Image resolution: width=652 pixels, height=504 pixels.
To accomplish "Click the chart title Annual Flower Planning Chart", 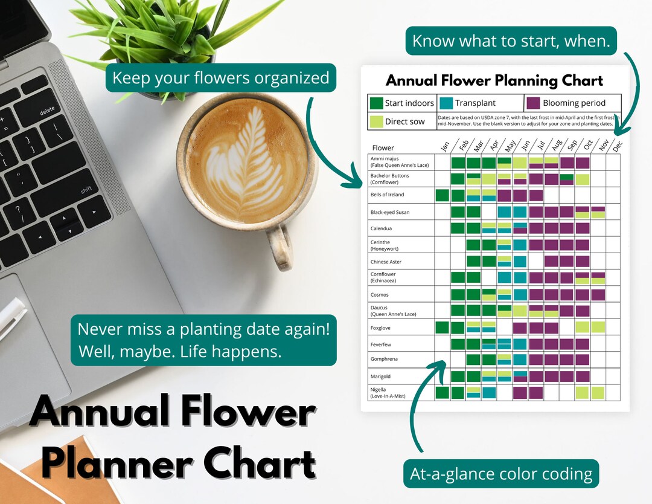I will coord(494,80).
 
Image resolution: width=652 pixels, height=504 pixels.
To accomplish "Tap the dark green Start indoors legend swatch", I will coord(376,103).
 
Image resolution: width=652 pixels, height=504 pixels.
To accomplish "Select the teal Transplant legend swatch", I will coord(446,103).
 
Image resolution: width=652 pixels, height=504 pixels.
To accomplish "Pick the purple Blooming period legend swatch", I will coord(533,103).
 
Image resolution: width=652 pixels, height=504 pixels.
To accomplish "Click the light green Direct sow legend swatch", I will coord(376,121).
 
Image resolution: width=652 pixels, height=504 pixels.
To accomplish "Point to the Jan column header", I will coord(444,147).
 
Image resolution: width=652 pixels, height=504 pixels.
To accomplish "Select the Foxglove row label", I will coord(380,328).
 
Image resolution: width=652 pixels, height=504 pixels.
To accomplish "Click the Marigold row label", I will coord(382,376).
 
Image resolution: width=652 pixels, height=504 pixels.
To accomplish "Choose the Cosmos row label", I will coord(380,295).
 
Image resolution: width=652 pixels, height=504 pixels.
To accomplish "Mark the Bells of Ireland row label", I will coord(387,195).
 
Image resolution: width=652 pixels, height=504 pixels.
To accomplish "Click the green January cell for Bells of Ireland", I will coord(443,195).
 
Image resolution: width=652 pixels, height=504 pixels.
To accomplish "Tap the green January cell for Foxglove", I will coord(443,328).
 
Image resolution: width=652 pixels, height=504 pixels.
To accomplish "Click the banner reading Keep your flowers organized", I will coord(220,78).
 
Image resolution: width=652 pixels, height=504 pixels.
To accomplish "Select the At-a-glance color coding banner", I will coord(500,474).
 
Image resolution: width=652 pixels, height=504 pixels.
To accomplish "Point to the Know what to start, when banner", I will coord(511,41).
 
